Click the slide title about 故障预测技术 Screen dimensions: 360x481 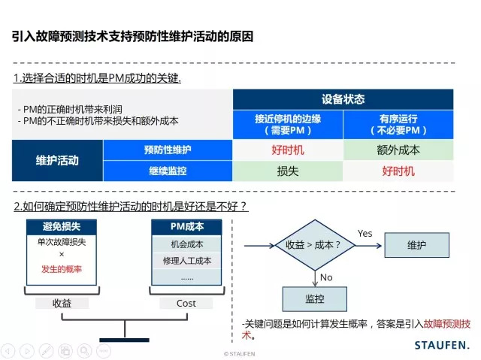click(x=133, y=36)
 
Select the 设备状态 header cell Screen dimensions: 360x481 click(x=343, y=99)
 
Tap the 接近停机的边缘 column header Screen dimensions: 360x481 click(x=287, y=124)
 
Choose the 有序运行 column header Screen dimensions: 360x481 click(x=398, y=124)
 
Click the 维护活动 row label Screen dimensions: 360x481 click(x=57, y=160)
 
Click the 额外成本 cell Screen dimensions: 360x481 click(x=398, y=150)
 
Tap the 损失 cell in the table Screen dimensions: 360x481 click(x=287, y=171)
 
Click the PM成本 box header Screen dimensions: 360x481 click(x=187, y=226)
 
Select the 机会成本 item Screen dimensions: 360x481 click(x=187, y=244)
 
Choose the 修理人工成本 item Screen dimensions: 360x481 click(x=187, y=261)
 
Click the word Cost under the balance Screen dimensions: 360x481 click(x=186, y=303)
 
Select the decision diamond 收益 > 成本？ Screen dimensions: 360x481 click(x=314, y=245)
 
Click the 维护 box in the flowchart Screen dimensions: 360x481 click(x=416, y=245)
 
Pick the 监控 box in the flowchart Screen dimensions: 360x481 click(x=314, y=298)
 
